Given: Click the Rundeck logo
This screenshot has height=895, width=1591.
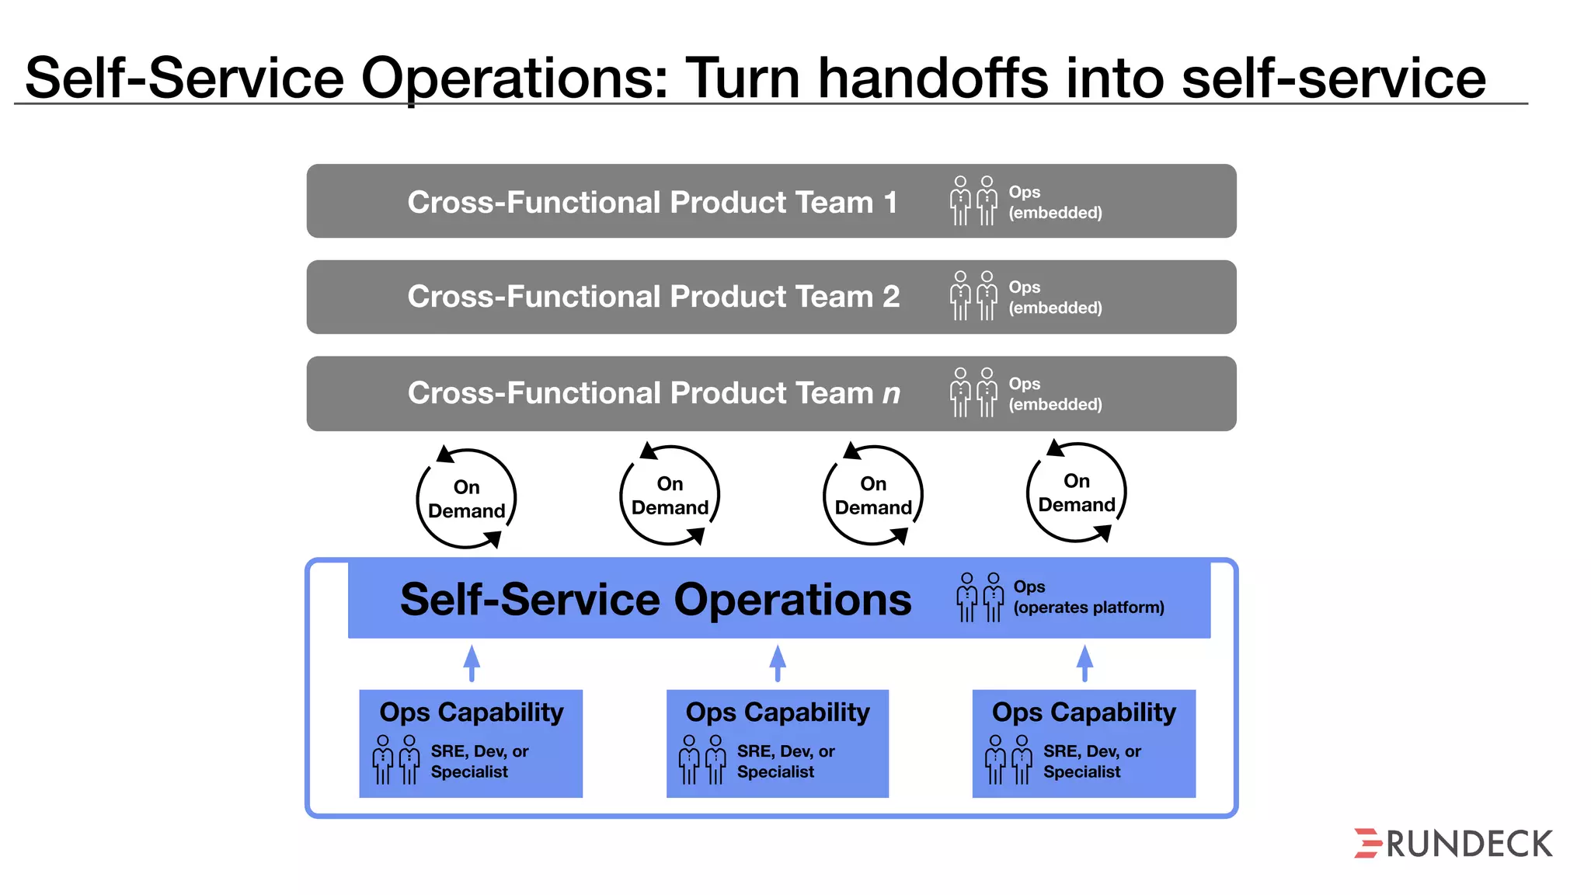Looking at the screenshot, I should pyautogui.click(x=1453, y=844).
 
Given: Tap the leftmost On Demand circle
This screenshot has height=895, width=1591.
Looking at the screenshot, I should pyautogui.click(x=466, y=499).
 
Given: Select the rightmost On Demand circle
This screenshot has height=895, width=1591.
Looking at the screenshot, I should pyautogui.click(x=1077, y=493).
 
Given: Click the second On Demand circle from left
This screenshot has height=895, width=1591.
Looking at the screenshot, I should pyautogui.click(x=670, y=496).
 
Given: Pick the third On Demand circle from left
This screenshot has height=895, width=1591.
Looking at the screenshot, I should pyautogui.click(x=873, y=496).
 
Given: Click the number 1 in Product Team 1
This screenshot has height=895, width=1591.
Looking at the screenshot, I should pyautogui.click(x=890, y=203).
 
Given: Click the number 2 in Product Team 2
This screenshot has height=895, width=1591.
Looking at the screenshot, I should pyautogui.click(x=891, y=297).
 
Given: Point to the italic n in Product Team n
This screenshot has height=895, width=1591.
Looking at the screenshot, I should pyautogui.click(x=891, y=394).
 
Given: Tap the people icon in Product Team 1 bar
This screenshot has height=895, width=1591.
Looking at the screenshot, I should pyautogui.click(x=973, y=200).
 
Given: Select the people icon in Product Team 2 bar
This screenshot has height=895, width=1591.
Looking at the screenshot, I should pyautogui.click(x=973, y=296).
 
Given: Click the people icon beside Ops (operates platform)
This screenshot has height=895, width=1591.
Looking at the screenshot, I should pyautogui.click(x=980, y=597).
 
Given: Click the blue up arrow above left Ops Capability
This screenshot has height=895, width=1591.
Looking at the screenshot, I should pyautogui.click(x=472, y=663).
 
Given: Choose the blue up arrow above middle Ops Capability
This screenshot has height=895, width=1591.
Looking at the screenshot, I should pyautogui.click(x=778, y=663).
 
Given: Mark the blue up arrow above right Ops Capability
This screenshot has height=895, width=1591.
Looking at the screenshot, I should pyautogui.click(x=1084, y=663).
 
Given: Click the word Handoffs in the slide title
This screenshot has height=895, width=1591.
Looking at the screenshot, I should pyautogui.click(x=933, y=78).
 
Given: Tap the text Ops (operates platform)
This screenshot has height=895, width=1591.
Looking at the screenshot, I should pyautogui.click(x=1088, y=597).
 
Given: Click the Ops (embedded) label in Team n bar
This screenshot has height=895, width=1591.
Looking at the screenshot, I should pyautogui.click(x=1054, y=394).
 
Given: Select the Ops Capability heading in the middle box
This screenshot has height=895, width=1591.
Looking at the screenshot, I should pyautogui.click(x=778, y=712).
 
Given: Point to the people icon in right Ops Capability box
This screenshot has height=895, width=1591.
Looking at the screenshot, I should pyautogui.click(x=1008, y=760).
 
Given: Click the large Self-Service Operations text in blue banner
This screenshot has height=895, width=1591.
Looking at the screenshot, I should pyautogui.click(x=656, y=600).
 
